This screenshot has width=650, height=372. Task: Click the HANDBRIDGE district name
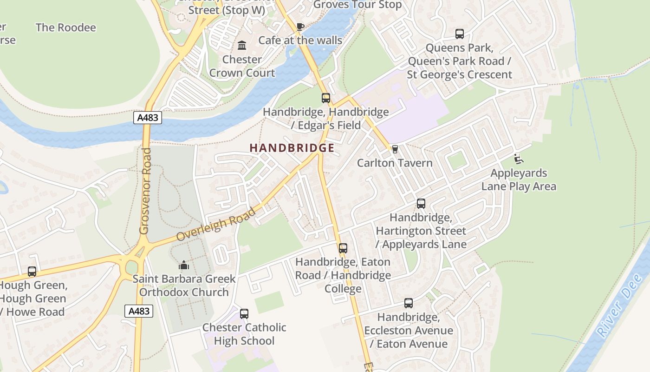[x=292, y=148]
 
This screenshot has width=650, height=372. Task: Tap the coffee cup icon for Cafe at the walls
[x=300, y=27]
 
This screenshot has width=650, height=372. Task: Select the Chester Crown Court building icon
[x=242, y=46]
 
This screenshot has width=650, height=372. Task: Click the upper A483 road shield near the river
[x=148, y=118]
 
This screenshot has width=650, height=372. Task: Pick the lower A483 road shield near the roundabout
[x=139, y=311]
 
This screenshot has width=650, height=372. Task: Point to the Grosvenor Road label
[x=145, y=191]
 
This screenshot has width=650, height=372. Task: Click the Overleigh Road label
[x=216, y=225]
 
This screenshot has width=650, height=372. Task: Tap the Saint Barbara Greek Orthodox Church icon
[x=184, y=266]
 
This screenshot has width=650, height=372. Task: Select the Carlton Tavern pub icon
[x=395, y=149]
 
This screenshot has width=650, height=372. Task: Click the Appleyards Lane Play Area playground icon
[x=519, y=159]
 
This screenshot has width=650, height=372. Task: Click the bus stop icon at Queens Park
[x=460, y=34]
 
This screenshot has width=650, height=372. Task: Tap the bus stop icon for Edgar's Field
[x=326, y=98]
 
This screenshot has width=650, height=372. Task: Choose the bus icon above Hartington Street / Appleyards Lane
[x=421, y=204]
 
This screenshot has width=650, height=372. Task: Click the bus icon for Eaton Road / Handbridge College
[x=343, y=248]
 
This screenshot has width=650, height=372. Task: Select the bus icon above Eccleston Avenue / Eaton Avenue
[x=409, y=303]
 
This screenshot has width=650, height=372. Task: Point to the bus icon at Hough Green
[x=32, y=272]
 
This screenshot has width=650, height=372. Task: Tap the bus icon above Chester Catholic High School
[x=244, y=314]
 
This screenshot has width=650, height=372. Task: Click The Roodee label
[x=66, y=27]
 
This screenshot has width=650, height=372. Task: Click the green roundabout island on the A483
[x=132, y=267]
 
